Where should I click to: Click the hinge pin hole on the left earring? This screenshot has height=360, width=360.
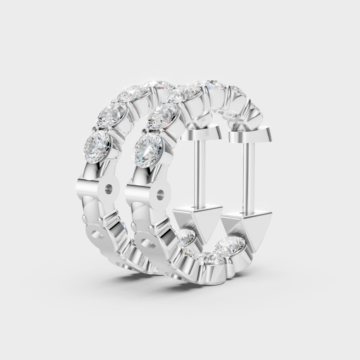click(108, 188)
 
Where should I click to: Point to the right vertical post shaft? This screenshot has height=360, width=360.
click(249, 176)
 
